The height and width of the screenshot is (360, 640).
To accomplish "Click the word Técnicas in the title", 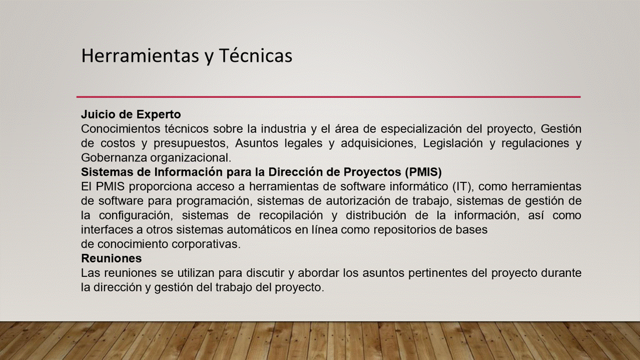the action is (255, 55).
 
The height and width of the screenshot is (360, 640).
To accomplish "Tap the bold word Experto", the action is (158, 115).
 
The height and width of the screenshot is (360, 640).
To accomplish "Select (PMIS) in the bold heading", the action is (423, 172).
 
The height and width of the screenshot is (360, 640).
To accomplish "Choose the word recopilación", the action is (291, 215).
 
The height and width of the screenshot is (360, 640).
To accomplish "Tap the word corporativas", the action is (206, 244).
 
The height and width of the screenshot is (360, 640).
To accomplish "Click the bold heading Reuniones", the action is (111, 258).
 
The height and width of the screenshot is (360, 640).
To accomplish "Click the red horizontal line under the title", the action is (328, 97).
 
